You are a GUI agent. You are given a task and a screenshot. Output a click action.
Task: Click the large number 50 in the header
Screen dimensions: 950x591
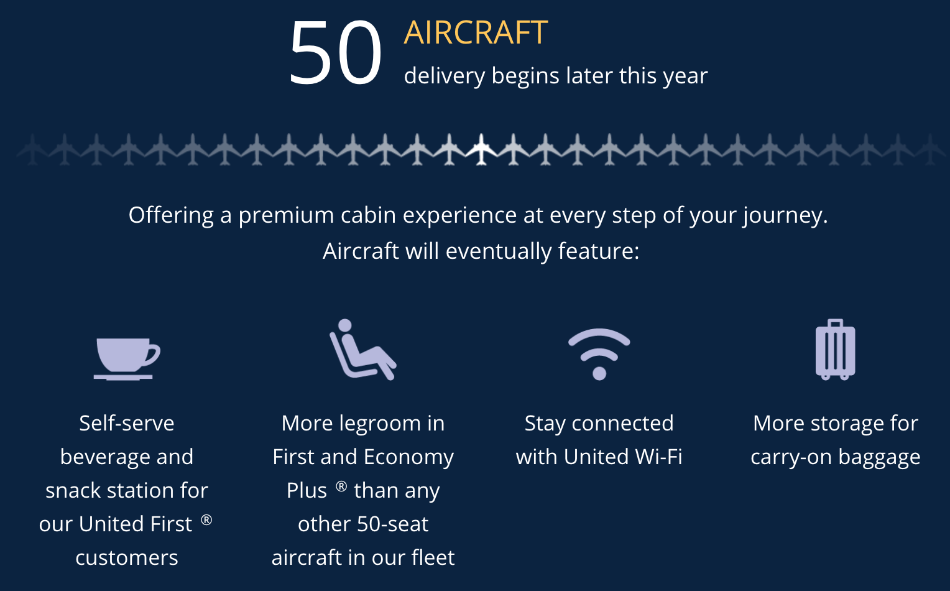335,52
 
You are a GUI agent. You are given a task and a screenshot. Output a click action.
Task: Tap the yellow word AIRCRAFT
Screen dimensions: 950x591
476,32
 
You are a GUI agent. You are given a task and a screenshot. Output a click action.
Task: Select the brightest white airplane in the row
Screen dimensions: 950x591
481,149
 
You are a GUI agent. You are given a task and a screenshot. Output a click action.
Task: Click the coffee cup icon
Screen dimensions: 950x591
127,358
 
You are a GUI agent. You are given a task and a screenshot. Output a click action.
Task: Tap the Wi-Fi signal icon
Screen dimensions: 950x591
599,354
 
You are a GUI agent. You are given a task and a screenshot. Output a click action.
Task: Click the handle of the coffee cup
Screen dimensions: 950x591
154,354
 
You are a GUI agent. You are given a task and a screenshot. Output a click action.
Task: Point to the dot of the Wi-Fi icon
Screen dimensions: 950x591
599,373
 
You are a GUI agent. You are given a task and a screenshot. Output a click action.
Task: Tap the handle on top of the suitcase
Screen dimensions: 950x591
835,323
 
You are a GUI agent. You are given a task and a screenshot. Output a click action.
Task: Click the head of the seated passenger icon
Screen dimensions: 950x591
345,325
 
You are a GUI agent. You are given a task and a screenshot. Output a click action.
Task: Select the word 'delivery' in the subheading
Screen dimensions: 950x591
445,77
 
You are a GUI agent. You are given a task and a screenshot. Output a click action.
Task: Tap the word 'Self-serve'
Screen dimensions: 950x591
127,423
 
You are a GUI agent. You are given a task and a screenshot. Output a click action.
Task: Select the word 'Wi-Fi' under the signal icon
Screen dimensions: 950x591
659,457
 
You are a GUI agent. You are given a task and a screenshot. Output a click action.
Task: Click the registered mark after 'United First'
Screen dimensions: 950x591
206,519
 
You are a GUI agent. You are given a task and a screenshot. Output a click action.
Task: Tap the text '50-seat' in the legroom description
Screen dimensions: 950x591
393,524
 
